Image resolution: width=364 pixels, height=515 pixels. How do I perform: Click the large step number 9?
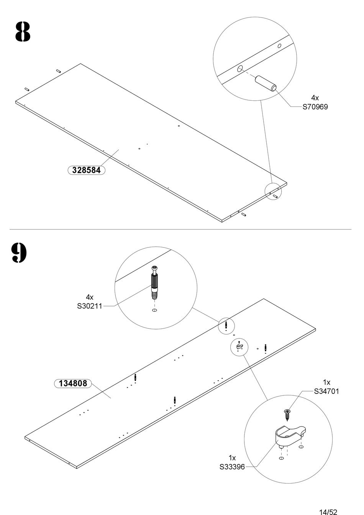coord(19,253)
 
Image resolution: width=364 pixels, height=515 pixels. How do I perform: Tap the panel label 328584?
coord(86,170)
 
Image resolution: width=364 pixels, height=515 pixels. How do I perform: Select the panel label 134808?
coord(73,384)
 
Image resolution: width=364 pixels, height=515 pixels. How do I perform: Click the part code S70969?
coord(315,107)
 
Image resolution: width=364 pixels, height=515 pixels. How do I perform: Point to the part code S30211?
coord(90,306)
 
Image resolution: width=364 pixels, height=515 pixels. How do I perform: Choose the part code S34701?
coord(326,391)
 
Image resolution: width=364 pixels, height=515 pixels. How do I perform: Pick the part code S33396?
coord(232,467)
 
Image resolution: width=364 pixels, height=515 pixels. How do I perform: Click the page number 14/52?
coord(328,512)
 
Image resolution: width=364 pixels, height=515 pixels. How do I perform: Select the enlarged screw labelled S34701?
coord(287,414)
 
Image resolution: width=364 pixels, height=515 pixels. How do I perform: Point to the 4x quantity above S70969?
coord(315,98)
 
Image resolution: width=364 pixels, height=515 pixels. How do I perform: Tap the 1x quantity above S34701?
coord(326,382)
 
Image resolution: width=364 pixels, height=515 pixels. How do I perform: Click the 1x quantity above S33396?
coord(232,458)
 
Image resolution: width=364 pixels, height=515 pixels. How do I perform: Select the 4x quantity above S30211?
coord(90,297)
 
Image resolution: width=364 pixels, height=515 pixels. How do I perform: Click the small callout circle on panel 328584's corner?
coord(273,191)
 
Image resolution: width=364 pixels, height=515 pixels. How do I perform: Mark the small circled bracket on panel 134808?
coord(239,347)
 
